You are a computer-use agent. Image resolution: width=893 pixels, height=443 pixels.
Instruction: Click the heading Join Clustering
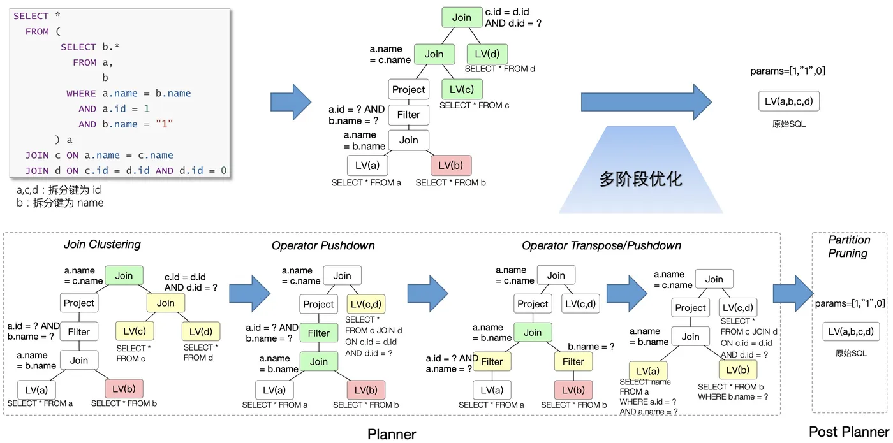click(x=102, y=244)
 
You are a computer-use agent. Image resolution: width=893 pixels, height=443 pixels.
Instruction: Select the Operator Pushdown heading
click(x=323, y=245)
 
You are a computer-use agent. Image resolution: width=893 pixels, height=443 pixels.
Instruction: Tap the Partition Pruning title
click(x=849, y=247)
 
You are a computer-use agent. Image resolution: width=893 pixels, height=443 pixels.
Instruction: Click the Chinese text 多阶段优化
click(x=640, y=178)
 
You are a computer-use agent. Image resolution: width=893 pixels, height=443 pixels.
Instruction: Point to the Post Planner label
click(x=848, y=432)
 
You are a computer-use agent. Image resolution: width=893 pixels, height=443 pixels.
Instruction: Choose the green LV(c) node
click(x=462, y=89)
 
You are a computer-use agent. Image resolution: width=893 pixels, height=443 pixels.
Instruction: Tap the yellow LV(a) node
click(x=648, y=371)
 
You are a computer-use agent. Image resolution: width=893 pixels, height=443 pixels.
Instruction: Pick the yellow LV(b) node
click(x=737, y=370)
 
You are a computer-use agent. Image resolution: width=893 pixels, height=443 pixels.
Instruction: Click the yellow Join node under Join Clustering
click(x=166, y=303)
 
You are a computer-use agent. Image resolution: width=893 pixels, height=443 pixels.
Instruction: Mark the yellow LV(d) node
click(x=201, y=331)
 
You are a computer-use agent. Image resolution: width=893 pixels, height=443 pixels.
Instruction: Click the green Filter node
click(x=319, y=333)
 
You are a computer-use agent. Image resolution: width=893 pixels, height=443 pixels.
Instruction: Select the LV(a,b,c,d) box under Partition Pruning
click(x=851, y=331)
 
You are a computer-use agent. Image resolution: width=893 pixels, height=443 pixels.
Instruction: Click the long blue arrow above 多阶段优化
click(x=646, y=101)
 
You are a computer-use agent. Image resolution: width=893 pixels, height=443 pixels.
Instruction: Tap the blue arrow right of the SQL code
click(x=291, y=101)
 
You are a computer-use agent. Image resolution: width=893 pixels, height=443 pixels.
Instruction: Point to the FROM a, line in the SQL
click(x=93, y=62)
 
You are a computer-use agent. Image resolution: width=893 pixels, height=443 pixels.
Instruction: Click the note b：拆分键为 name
click(x=59, y=203)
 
